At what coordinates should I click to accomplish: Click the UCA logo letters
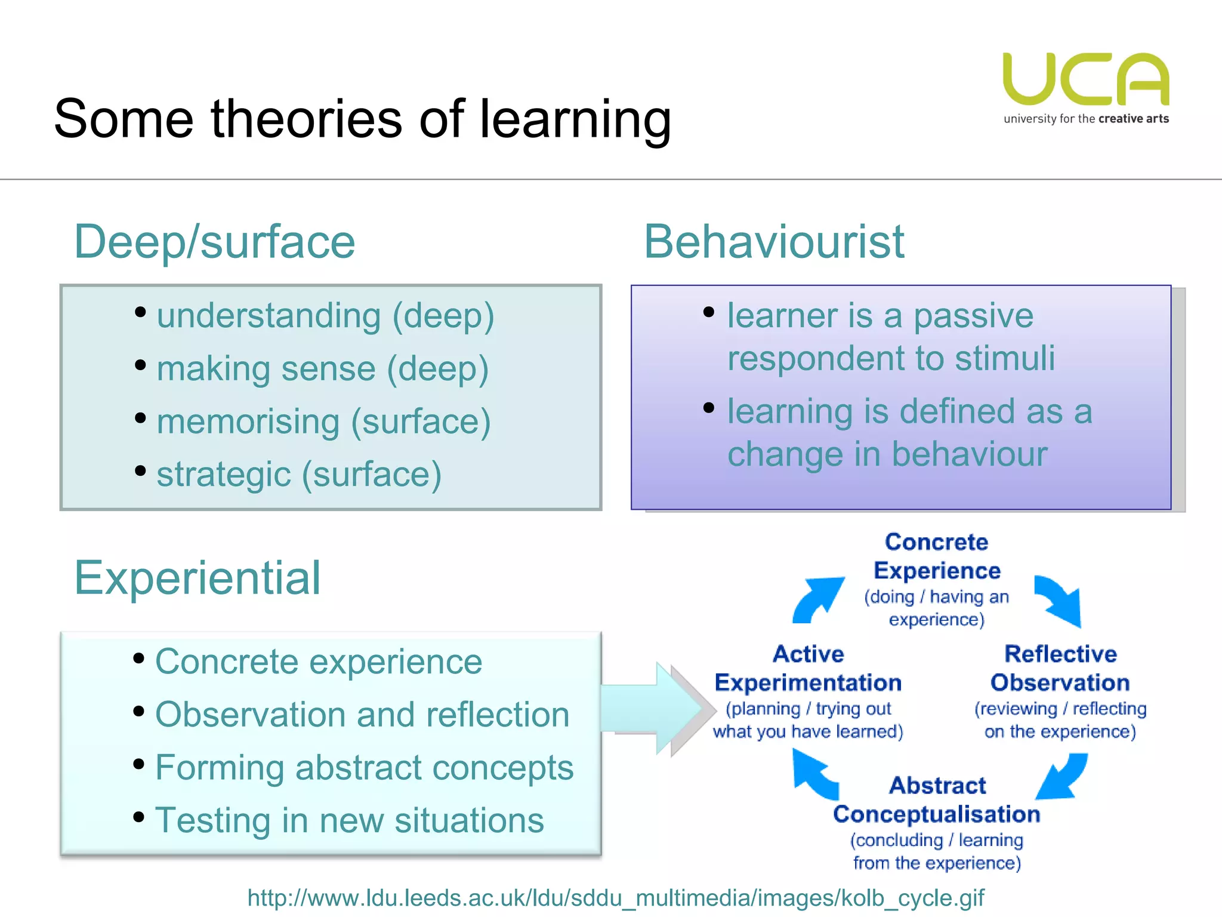1086,79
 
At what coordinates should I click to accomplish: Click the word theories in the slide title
306,119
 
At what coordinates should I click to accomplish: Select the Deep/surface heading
215,242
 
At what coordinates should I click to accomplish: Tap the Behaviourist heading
774,242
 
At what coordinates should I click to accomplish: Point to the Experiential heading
198,578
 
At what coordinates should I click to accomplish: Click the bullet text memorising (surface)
323,421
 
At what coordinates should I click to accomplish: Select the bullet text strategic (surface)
299,475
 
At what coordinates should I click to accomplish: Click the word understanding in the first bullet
269,316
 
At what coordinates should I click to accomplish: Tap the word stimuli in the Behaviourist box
1005,358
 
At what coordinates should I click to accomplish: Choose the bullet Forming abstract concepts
364,768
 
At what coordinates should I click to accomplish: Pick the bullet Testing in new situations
350,820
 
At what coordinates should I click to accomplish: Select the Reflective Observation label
1060,669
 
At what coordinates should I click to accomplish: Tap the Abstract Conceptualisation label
937,800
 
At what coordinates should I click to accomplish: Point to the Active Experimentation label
809,669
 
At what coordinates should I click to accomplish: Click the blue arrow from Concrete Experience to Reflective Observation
1060,601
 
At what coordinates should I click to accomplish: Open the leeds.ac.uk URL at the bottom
616,898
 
